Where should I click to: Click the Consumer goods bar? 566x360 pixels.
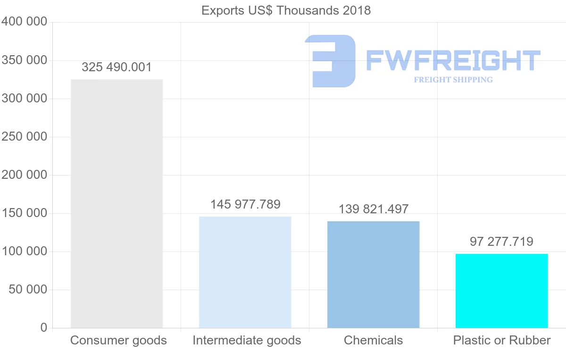point(117,203)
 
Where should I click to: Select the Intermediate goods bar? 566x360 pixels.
point(245,272)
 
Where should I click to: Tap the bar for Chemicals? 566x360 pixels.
point(373,274)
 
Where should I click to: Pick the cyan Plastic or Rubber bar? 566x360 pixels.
point(501,291)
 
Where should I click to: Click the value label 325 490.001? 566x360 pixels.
point(117,67)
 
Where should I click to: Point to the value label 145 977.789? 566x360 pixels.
point(245,204)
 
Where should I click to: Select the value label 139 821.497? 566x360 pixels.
point(374,209)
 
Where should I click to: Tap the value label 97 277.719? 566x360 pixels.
point(501,242)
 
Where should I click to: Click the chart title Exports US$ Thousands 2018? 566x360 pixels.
point(286,10)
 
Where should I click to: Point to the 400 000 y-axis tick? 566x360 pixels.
point(25,22)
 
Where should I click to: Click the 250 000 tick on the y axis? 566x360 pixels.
point(25,137)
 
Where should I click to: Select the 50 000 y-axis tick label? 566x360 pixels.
point(28,289)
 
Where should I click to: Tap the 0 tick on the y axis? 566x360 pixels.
point(43,327)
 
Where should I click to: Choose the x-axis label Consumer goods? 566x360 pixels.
point(118,340)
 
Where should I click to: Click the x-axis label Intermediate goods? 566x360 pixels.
point(247,340)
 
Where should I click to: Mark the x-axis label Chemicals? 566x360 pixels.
point(373,340)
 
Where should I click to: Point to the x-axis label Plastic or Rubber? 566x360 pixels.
point(502,340)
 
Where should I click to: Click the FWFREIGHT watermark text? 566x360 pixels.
point(453,61)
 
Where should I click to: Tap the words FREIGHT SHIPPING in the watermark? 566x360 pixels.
point(453,80)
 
